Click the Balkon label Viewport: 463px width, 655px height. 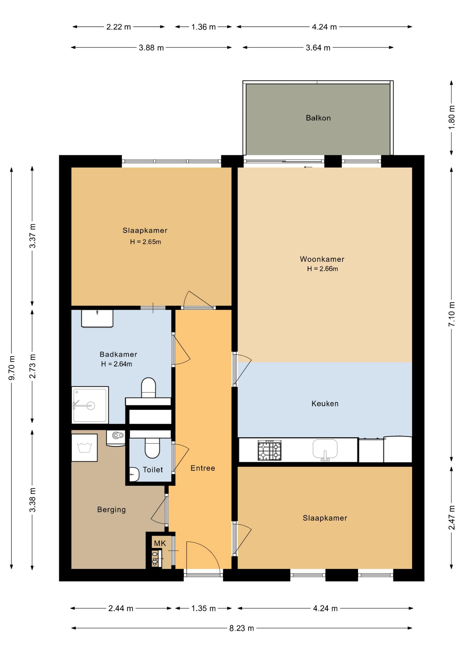(318, 118)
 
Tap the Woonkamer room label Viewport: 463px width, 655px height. (322, 259)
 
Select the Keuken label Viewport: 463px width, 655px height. (325, 404)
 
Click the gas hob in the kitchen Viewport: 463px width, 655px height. (270, 451)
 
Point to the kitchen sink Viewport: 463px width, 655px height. (325, 450)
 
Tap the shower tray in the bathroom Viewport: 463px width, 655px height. (90, 405)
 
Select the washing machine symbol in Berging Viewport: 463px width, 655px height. (84, 448)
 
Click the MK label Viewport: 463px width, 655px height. (160, 543)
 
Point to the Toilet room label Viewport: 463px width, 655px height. (153, 470)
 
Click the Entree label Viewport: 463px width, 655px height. (203, 468)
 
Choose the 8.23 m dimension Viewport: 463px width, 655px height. (242, 628)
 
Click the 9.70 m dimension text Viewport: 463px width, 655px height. (12, 368)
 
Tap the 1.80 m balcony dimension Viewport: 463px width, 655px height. (452, 117)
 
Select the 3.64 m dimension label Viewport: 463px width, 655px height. (318, 48)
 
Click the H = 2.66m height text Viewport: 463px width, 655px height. (323, 269)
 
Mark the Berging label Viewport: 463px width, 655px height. (111, 510)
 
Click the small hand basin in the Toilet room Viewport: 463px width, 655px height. (134, 474)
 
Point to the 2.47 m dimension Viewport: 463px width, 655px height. (452, 518)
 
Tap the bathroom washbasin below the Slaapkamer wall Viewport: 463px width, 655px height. (97, 319)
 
